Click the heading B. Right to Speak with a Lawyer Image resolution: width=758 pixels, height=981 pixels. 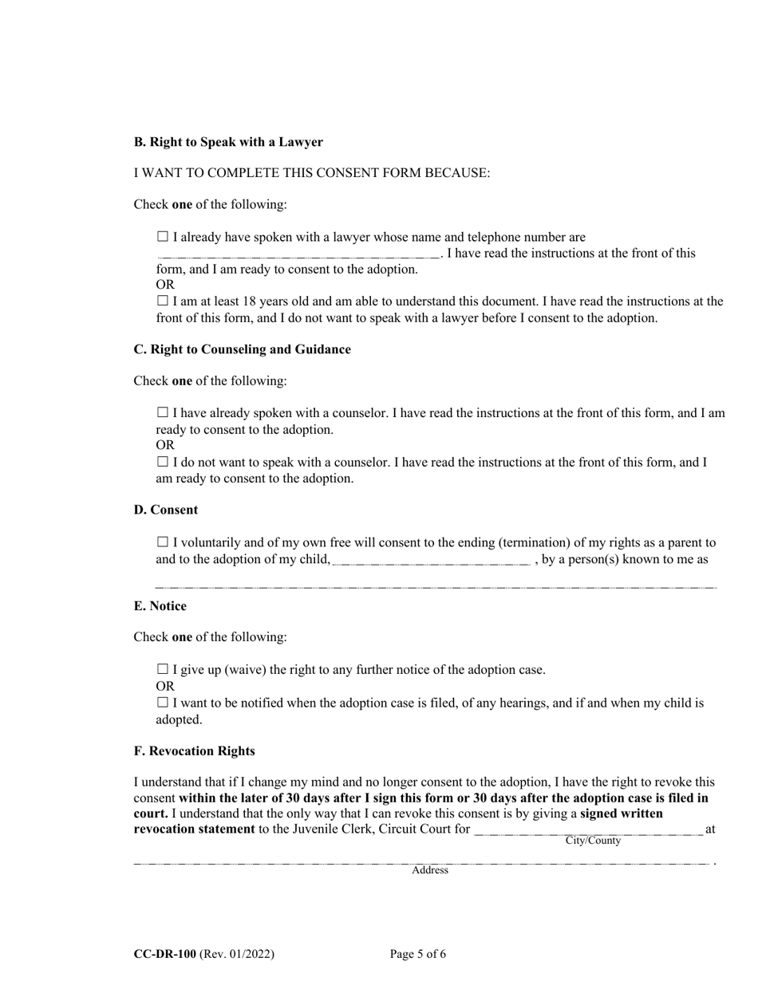point(228,142)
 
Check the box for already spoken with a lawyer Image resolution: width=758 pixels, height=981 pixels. point(163,237)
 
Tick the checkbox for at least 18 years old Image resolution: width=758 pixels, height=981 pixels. point(163,301)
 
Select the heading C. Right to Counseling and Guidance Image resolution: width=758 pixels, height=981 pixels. point(242,349)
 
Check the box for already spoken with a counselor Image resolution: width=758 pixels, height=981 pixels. point(163,413)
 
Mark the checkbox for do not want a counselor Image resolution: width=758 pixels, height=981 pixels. point(163,462)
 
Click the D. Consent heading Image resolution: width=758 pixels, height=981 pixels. point(165,510)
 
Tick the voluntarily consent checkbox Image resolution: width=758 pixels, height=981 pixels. point(163,542)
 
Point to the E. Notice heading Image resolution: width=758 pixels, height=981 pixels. point(160,606)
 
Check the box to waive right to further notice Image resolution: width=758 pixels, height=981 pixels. point(163,669)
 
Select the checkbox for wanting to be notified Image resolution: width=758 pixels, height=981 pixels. point(163,703)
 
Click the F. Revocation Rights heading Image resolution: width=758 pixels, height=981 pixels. point(194,751)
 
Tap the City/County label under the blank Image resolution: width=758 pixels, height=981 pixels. point(593,841)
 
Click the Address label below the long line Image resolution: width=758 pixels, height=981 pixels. point(430,870)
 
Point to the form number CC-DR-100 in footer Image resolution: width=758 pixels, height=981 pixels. point(164,954)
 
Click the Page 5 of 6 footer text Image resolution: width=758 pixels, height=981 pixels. point(418,954)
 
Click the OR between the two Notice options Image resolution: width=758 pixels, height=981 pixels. point(164,686)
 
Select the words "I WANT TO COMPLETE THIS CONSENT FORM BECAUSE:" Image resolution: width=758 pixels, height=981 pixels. point(312,173)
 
